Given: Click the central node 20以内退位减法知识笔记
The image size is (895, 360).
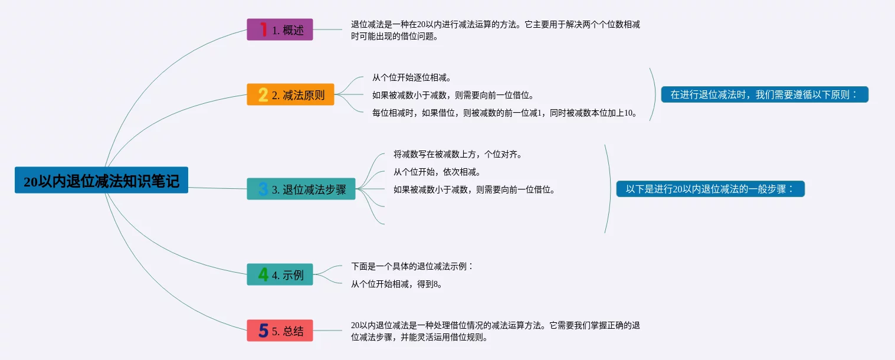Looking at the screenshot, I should (101, 181).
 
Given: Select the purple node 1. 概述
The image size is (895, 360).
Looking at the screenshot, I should (280, 30).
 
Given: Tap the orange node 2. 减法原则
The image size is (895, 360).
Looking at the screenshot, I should (290, 94).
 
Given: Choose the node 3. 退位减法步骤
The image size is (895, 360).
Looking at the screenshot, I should (301, 189).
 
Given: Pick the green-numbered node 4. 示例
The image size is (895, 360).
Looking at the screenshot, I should (280, 274).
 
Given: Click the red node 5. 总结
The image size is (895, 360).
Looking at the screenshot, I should (280, 330).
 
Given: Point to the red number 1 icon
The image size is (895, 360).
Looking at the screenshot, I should (263, 30).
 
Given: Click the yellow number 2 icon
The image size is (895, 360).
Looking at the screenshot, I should (263, 94).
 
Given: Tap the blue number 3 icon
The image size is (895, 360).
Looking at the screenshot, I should (263, 189).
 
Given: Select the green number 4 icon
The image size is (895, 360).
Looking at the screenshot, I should (263, 274).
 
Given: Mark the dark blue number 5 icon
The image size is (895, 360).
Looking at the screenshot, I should (263, 330).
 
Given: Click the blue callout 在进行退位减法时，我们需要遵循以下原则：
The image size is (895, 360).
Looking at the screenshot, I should (764, 94).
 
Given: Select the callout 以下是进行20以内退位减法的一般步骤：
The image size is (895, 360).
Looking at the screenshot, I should (710, 189).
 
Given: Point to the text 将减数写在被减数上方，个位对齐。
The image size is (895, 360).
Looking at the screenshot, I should (458, 154).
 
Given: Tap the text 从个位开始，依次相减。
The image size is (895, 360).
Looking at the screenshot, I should (437, 172).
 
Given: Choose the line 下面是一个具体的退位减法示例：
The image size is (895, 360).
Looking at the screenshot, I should (412, 266).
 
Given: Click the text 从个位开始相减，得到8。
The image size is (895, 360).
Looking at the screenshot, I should (396, 284).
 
